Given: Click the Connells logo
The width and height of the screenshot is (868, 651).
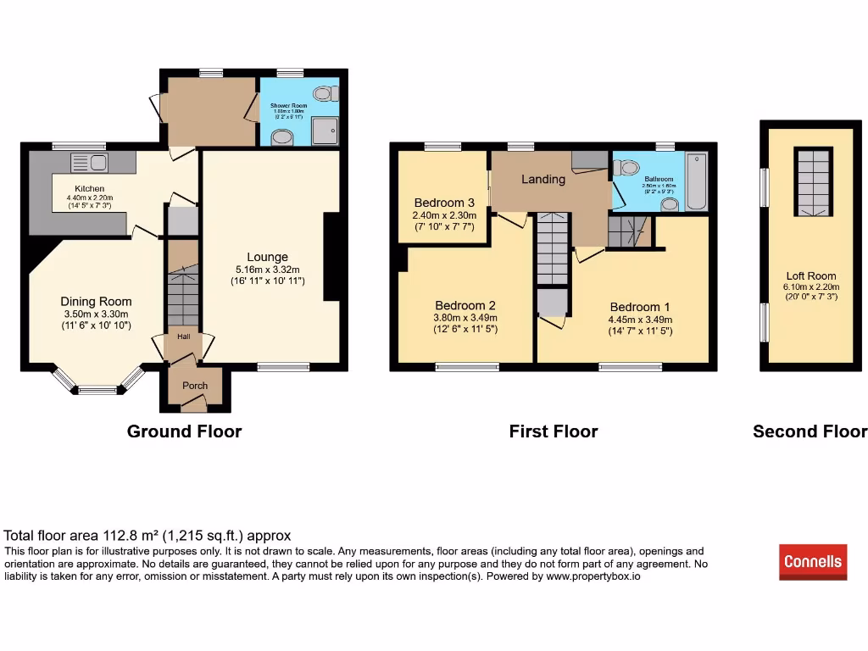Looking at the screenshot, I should coord(813,561).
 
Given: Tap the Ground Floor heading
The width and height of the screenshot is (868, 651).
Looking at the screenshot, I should coord(184,431).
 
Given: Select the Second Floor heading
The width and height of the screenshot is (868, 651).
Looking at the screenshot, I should coord(810,431).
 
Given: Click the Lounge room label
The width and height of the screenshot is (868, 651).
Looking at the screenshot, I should coord(267,257).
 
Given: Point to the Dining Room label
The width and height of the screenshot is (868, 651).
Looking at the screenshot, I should coord(96,301).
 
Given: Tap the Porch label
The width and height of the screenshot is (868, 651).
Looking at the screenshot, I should coord(195,385).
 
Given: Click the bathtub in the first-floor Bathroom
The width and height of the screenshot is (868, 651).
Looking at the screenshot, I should coord(696,181).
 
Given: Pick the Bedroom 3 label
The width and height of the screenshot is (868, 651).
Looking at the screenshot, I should coord(444,203).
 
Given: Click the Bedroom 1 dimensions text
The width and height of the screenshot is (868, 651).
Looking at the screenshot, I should coord(640,325).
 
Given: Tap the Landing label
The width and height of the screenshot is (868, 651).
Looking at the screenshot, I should coord(542,179).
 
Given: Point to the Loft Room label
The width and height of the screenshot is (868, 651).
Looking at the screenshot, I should coord(810,275).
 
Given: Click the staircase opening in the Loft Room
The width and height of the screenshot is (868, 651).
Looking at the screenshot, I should coord(810,182).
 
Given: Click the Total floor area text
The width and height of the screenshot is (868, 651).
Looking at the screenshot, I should coord(147,536).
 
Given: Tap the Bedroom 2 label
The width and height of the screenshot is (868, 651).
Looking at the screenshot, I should coord(465,305).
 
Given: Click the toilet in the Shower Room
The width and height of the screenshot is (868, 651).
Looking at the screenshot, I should coord(323,93).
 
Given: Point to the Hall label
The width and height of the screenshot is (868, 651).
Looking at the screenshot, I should coord(183,337).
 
